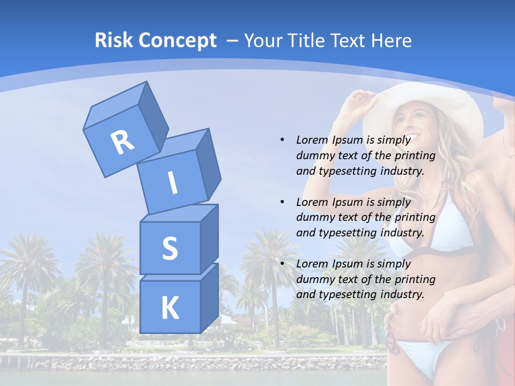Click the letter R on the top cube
point(122,142)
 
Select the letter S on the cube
point(170,248)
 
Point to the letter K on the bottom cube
point(170,308)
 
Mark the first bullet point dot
point(282,140)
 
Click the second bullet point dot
point(282,202)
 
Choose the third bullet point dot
point(282,264)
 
